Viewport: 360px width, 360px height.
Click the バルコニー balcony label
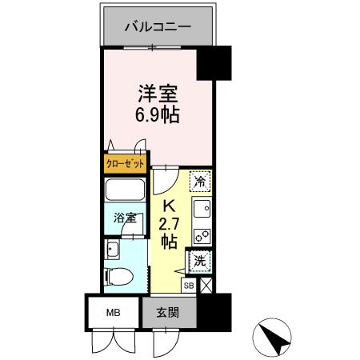157,26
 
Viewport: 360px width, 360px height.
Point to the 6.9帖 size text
156,114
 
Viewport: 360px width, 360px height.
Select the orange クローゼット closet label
126,164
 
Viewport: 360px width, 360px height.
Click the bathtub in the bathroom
126,192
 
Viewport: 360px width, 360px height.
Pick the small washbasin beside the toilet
112,251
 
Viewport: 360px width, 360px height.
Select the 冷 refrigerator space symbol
201,181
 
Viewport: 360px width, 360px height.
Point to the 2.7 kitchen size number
169,221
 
